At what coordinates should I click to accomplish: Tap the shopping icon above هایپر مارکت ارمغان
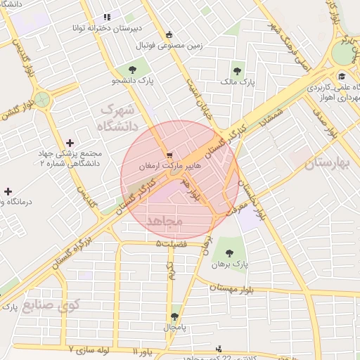168,155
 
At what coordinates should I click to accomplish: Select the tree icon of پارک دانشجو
132,69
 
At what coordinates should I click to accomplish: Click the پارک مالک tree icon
237,71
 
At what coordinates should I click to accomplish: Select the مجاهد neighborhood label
165,221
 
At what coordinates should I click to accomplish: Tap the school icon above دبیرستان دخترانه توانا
107,17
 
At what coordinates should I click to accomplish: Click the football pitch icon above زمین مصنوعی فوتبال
168,34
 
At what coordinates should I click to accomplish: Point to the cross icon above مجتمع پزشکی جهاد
69,143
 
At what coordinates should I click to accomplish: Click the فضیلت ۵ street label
173,244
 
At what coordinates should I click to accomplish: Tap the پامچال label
173,328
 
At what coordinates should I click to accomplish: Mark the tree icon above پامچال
174,316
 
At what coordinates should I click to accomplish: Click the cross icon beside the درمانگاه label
8,191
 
